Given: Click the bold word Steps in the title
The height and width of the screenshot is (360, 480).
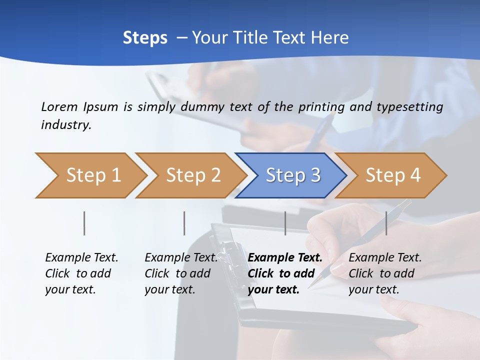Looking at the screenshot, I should tap(145, 38).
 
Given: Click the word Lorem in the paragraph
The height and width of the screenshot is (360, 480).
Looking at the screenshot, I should tap(59, 106).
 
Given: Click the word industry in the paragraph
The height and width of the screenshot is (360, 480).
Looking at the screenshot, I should tap(65, 125).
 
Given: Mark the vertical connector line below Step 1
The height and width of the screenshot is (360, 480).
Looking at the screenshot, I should tap(84, 223).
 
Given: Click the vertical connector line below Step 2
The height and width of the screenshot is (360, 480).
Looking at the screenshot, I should tap(184, 223).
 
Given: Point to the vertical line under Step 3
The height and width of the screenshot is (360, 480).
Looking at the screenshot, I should tap(285, 223).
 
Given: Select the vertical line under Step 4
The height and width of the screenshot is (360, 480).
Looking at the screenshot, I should tap(386, 223).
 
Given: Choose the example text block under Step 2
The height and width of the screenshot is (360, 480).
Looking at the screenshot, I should tap(180, 273).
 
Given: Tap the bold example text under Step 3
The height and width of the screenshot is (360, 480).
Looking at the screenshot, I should tap(284, 273).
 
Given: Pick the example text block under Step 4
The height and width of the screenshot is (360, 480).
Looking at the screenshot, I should tap(384, 273).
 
